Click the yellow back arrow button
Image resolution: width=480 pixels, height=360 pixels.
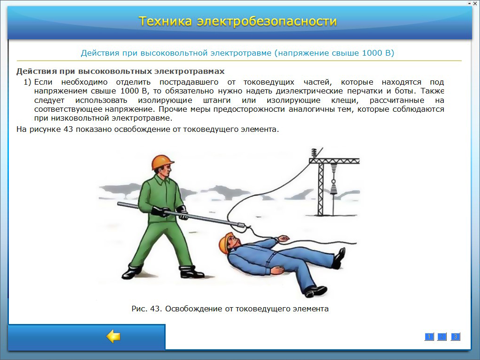pyautogui.click(x=113, y=337)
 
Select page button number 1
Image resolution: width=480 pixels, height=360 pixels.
pyautogui.click(x=429, y=337)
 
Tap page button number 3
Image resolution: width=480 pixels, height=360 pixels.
pyautogui.click(x=456, y=337)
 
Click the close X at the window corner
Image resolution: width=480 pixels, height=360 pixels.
pyautogui.click(x=475, y=3)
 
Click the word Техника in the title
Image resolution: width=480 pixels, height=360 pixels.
pyautogui.click(x=165, y=22)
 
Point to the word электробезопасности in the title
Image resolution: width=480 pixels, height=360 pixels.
pyautogui.click(x=267, y=22)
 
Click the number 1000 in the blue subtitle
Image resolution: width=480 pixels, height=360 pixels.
pyautogui.click(x=372, y=53)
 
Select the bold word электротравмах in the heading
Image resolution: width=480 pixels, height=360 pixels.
pyautogui.click(x=189, y=71)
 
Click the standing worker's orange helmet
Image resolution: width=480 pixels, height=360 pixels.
pyautogui.click(x=162, y=162)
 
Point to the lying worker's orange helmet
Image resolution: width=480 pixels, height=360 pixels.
pyautogui.click(x=225, y=243)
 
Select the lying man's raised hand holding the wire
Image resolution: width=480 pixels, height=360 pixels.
pyautogui.click(x=283, y=238)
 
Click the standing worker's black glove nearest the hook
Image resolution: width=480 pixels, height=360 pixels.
pyautogui.click(x=182, y=213)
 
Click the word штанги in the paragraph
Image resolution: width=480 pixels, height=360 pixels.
pyautogui.click(x=217, y=101)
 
